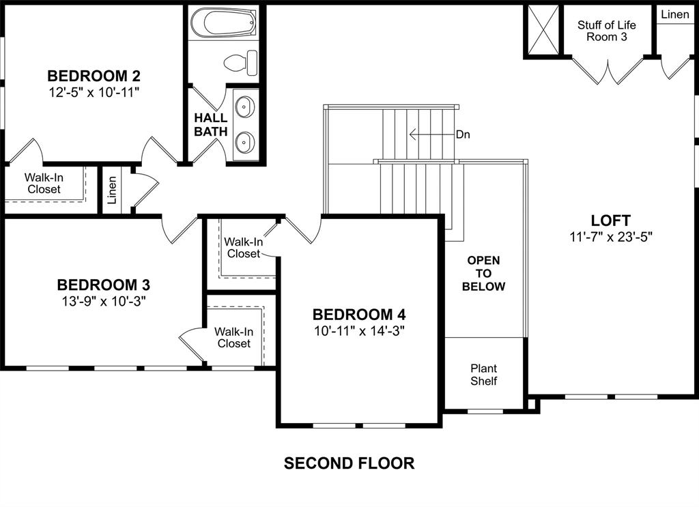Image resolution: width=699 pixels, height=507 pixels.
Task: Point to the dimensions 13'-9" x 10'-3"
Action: (103, 301)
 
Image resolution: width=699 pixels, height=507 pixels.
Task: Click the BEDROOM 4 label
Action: (359, 315)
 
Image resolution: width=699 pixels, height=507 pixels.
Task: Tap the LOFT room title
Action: (610, 220)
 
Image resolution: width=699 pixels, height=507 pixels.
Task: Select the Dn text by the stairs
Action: (463, 134)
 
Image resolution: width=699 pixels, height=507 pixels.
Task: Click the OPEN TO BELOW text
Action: (483, 273)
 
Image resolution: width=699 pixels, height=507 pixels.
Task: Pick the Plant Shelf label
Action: (483, 375)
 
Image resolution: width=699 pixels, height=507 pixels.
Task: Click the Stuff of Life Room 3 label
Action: (606, 31)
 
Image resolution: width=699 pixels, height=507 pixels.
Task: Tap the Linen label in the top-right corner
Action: (674, 15)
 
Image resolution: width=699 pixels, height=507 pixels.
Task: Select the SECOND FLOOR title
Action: (349, 463)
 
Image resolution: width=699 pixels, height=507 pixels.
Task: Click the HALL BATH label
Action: (210, 125)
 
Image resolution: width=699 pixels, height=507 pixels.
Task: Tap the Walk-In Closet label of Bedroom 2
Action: (44, 183)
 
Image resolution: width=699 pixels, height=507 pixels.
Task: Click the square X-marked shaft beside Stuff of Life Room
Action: (542, 31)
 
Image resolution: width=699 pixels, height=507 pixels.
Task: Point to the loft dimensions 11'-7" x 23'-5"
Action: (611, 237)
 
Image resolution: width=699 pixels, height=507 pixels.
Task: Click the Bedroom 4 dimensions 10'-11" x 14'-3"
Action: (359, 331)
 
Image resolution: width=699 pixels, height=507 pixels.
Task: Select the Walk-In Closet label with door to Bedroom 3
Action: (233, 338)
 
